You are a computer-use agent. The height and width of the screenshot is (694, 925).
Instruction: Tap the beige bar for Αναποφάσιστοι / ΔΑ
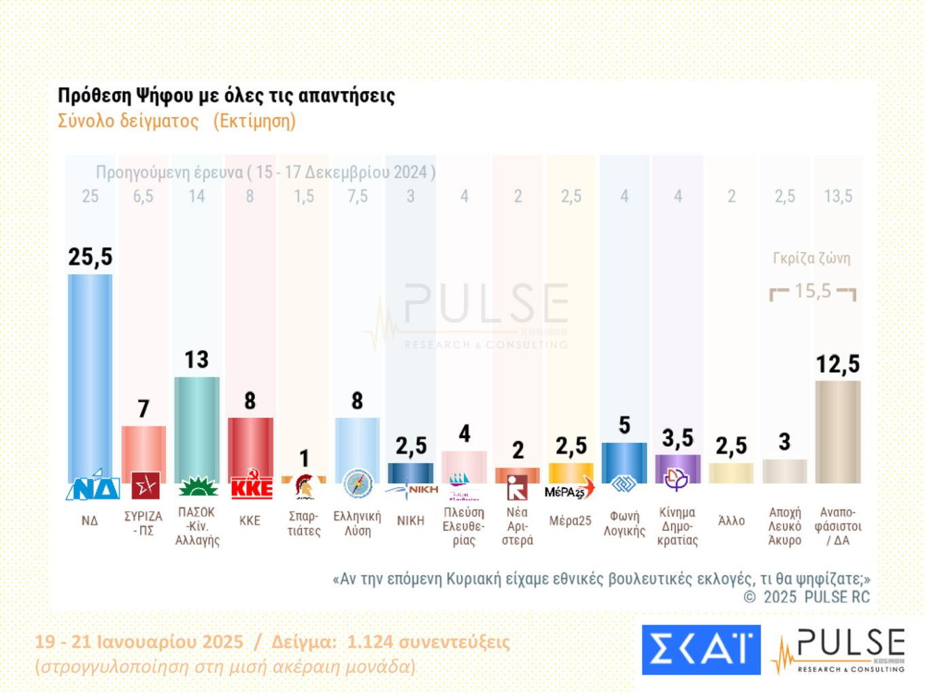click(x=838, y=432)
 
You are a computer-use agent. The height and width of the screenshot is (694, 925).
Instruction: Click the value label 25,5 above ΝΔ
click(x=90, y=257)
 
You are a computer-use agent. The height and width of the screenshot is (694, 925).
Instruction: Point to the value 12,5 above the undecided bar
click(x=838, y=365)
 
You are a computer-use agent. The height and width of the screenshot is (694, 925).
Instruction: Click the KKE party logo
click(x=251, y=487)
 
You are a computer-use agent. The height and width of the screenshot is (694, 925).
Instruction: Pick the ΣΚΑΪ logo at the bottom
click(x=701, y=650)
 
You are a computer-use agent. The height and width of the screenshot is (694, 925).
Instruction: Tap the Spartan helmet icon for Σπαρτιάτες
click(x=304, y=487)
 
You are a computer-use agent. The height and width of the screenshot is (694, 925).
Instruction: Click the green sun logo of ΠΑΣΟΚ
click(x=197, y=488)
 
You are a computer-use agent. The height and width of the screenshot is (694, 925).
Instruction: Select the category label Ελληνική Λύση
click(x=357, y=523)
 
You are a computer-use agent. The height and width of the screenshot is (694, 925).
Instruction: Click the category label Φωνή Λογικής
click(x=624, y=523)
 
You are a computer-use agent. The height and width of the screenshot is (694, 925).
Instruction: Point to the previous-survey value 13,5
click(x=838, y=197)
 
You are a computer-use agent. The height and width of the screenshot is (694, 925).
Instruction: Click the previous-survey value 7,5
click(x=357, y=197)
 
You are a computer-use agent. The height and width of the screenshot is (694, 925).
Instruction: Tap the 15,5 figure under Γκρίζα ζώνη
click(x=813, y=291)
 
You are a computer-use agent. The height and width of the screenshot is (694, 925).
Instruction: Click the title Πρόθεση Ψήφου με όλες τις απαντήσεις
click(x=226, y=95)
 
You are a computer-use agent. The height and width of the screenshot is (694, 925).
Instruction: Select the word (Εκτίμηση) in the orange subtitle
click(x=254, y=121)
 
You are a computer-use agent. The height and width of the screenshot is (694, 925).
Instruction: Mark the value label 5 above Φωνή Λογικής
click(x=624, y=426)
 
